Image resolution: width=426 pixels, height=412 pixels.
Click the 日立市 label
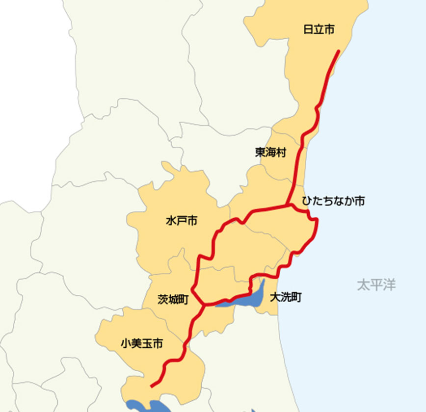tap(319, 30)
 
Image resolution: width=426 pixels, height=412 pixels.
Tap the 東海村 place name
tap(270, 153)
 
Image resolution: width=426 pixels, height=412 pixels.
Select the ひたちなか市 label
tap(333, 201)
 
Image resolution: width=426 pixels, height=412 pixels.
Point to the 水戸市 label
tap(182, 221)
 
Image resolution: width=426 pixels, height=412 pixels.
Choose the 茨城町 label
tap(173, 300)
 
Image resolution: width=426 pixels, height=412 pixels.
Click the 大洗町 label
tap(286, 297)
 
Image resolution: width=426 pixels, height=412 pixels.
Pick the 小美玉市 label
tap(141, 344)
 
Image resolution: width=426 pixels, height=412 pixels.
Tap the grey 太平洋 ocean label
tap(376, 285)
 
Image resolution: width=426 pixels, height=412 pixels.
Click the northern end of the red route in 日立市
tap(338, 51)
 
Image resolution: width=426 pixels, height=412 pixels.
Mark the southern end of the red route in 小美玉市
tap(152, 386)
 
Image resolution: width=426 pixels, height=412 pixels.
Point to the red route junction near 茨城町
tap(203, 305)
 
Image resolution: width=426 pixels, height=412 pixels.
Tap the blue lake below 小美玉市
tap(147, 406)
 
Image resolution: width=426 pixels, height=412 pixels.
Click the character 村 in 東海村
tap(281, 153)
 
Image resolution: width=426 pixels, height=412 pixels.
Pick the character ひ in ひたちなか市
tap(307, 201)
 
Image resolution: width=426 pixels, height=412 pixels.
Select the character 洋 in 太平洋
tap(389, 285)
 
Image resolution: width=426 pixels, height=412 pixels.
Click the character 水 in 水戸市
tap(171, 221)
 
